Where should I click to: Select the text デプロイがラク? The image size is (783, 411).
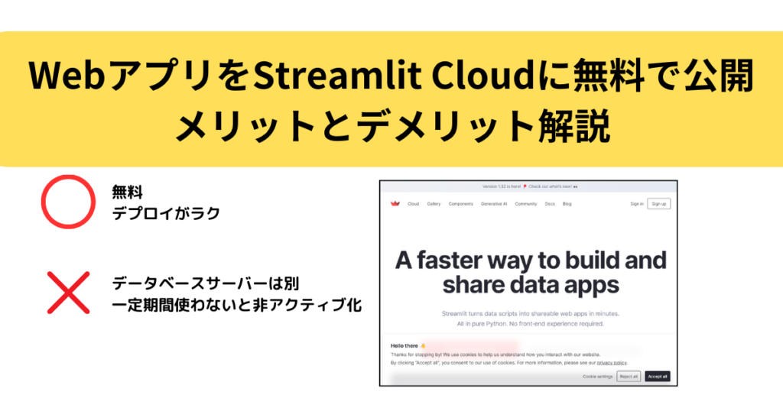[x=166, y=213]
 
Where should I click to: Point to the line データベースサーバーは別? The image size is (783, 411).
[x=205, y=283]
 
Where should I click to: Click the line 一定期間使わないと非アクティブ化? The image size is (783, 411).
[x=236, y=305]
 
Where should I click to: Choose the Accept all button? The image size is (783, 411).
[x=657, y=377]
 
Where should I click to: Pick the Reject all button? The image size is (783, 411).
[x=629, y=377]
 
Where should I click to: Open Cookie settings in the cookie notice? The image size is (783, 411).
[x=597, y=377]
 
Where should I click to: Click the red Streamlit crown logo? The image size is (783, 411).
[x=395, y=204]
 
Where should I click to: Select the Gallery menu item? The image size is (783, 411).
[x=434, y=204]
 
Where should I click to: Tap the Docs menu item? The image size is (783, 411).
[x=550, y=204]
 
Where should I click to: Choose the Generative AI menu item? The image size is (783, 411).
[x=494, y=204]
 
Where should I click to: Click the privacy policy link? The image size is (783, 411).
[x=612, y=363]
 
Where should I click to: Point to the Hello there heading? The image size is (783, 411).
[x=404, y=346]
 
